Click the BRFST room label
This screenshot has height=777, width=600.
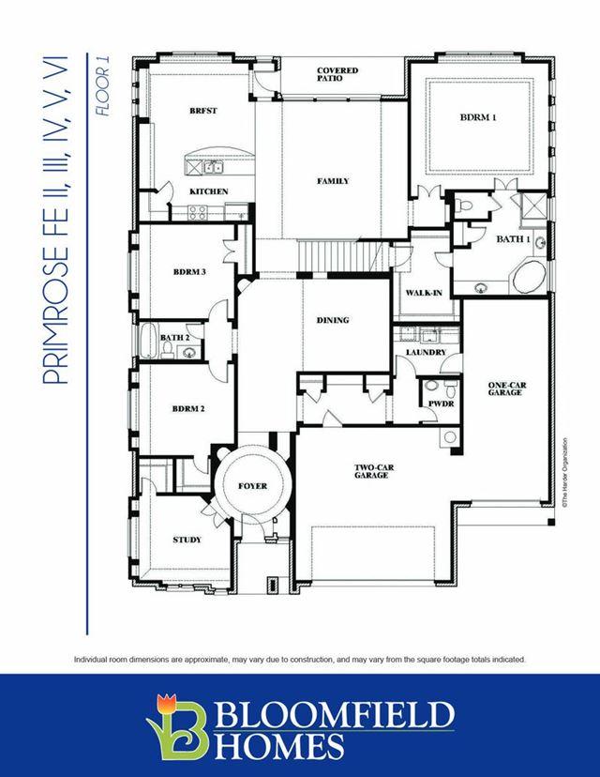203,111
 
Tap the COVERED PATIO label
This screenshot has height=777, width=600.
337,74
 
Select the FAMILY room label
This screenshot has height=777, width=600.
333,181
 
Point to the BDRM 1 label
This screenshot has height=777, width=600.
478,117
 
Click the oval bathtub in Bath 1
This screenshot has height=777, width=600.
529,277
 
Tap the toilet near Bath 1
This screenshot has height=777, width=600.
465,206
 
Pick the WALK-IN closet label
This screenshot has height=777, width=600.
424,293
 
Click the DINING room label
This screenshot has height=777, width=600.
333,320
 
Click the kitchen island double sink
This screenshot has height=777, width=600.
214,167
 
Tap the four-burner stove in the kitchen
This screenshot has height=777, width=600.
197,213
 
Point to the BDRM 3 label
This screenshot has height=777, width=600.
189,272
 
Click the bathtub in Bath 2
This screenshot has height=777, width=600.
147,341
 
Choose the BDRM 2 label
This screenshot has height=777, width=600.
188,409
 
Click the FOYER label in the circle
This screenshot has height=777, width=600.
252,486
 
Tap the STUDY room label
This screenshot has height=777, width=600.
187,540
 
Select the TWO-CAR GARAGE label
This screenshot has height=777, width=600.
374,471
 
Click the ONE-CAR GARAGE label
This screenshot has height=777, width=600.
507,388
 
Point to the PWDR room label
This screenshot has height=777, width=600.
441,404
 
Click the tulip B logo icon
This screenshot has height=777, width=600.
178,726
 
